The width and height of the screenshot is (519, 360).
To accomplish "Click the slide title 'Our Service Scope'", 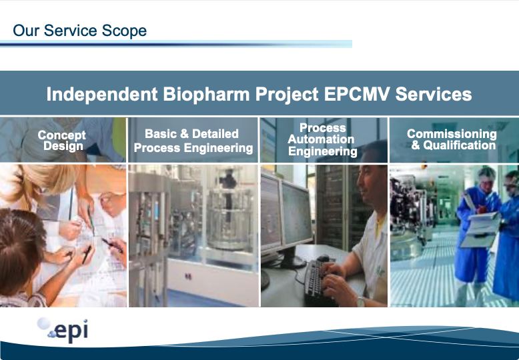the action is point(80,31).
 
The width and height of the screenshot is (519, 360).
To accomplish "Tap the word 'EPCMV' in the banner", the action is point(358,94).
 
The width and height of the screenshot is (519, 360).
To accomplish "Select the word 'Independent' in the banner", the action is point(102,94).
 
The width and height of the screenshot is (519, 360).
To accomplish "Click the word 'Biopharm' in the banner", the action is point(206,94).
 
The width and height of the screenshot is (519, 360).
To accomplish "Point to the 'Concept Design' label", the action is point(62,140).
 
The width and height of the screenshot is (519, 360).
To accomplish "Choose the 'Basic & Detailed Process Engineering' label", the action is point(193,141).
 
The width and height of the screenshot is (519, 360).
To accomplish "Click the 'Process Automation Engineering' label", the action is point(323,139).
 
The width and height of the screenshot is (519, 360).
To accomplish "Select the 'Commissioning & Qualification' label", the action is point(452,139).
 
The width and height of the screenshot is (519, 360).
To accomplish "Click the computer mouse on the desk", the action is point(323,259).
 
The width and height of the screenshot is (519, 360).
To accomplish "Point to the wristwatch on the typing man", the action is point(360,301).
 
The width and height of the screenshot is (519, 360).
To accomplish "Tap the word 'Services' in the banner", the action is point(434,94).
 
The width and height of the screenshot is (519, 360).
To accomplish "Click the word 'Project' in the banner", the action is point(287,94).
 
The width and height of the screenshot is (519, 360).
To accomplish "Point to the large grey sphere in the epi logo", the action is point(44,323).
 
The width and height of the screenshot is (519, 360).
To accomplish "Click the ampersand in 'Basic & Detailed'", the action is point(184,134).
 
